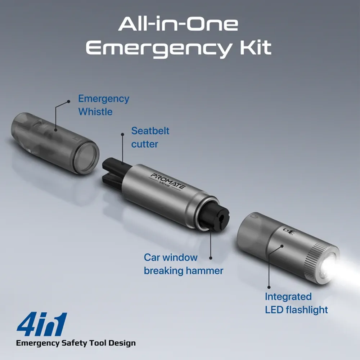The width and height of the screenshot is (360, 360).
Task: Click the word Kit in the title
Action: tap(256, 48)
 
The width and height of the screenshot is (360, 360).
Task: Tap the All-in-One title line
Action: tap(178, 24)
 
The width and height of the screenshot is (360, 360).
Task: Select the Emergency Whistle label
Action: tap(104, 105)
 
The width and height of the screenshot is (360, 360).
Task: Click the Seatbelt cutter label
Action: tap(150, 137)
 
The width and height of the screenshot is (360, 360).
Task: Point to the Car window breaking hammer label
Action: tap(184, 264)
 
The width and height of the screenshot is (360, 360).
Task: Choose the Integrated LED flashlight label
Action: tap(296, 303)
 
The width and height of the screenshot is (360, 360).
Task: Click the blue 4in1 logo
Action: tap(42, 324)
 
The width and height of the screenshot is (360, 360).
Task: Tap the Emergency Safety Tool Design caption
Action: tap(76, 343)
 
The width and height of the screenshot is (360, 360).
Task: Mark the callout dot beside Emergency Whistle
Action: tap(68, 102)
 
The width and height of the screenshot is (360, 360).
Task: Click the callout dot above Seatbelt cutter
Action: tap(123, 135)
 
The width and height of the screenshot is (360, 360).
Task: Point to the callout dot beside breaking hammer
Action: tap(211, 258)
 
